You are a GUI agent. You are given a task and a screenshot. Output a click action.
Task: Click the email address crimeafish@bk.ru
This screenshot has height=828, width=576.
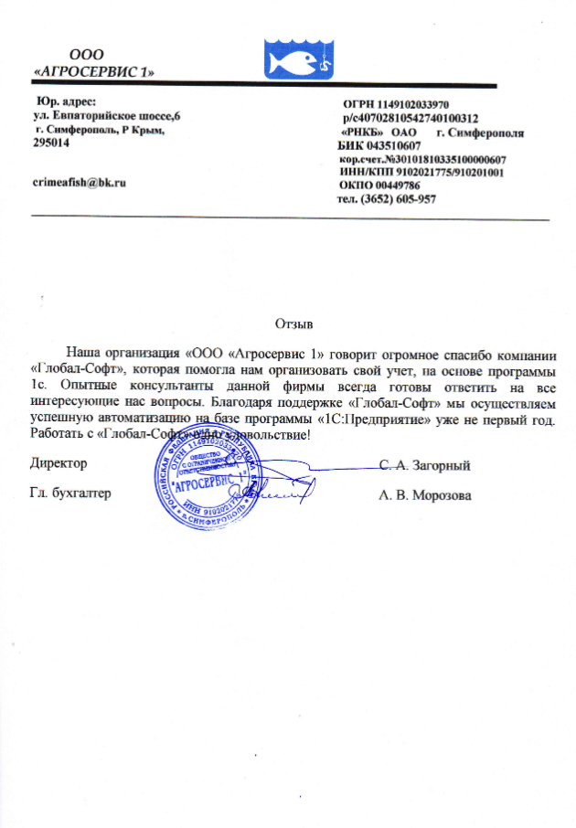click(x=78, y=182)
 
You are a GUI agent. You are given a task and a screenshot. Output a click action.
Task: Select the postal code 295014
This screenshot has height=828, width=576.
click(x=49, y=145)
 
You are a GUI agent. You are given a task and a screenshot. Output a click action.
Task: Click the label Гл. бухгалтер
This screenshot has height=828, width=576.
click(x=70, y=494)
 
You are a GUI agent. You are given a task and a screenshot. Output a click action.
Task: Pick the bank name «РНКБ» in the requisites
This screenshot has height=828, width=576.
click(x=359, y=133)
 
